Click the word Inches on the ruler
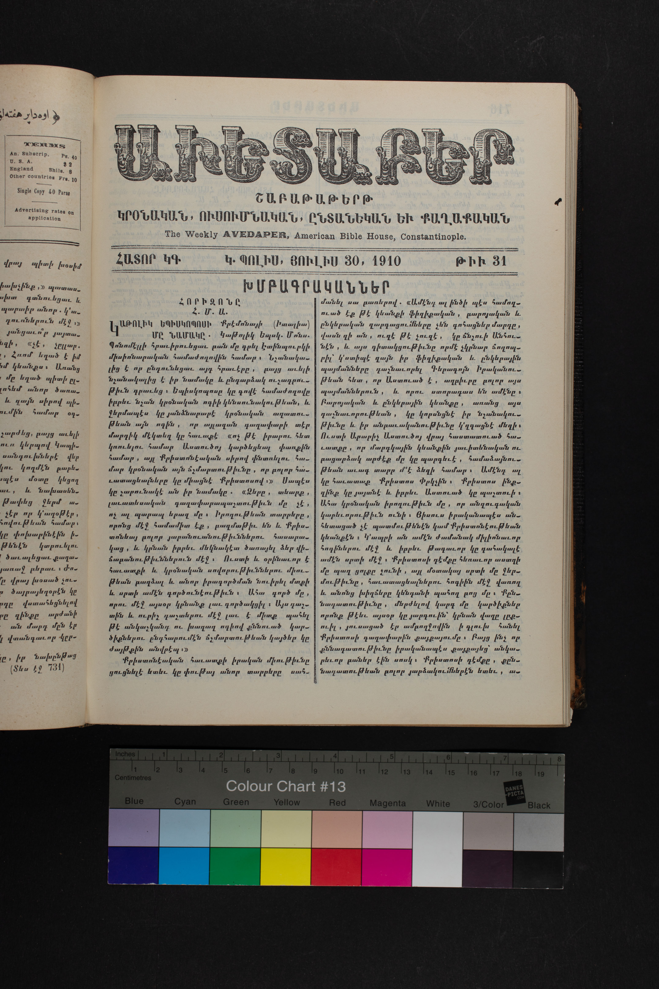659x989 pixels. (125, 754)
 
